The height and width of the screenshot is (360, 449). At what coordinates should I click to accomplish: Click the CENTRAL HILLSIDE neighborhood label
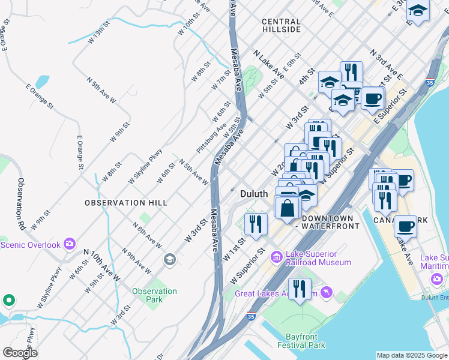[x=281, y=25]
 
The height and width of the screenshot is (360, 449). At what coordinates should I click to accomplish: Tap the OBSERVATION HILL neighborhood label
[x=126, y=203]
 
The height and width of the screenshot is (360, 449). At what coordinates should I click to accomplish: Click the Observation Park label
[x=154, y=295]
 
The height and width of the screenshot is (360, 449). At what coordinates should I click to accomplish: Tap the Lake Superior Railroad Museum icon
[x=277, y=257]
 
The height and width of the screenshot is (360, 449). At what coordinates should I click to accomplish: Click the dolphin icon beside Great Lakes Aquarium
[x=326, y=293]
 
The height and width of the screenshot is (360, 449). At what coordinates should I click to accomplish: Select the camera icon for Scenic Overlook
[x=70, y=244]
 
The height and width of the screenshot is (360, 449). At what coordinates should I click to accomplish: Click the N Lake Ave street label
[x=268, y=64]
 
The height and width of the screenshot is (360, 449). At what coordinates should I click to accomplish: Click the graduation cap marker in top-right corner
[x=418, y=10]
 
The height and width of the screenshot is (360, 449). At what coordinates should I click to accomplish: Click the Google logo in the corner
[x=20, y=352]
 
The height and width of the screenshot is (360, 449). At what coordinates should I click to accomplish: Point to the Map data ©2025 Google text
[x=412, y=355]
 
